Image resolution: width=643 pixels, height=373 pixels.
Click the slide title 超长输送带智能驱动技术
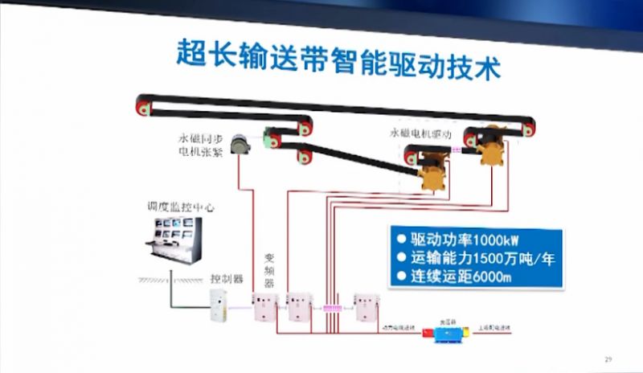[338, 61]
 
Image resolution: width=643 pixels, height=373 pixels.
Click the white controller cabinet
[219, 309]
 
